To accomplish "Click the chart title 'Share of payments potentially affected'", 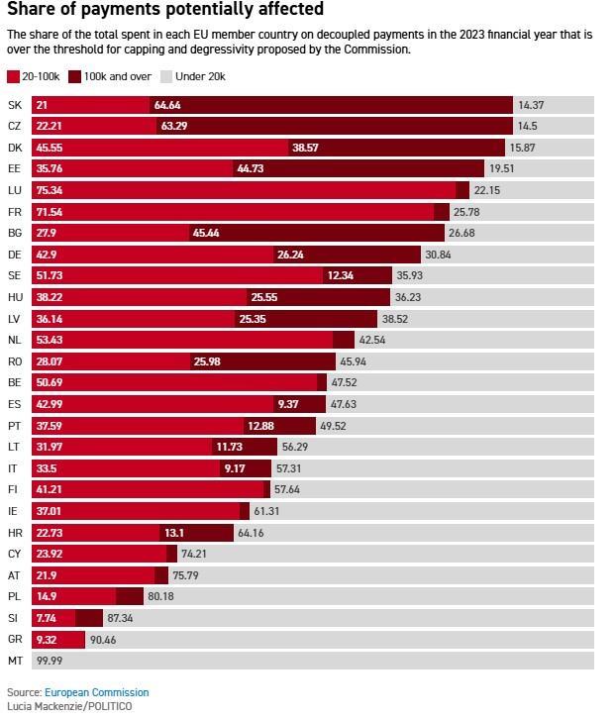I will point(165,10).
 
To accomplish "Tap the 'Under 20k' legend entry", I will point(193,76).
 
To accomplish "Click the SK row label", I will point(14,105).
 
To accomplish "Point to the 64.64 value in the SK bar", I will point(167,105).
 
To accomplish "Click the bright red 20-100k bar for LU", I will point(244,190).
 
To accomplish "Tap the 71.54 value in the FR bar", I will point(50,212).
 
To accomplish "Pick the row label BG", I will point(15,233).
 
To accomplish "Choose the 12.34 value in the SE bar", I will point(340,275).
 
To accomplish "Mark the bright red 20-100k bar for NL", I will point(182,340).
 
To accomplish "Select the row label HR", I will point(15,532).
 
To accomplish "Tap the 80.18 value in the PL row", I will point(160,596).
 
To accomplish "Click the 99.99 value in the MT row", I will point(49,661).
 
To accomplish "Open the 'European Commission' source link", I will point(96,692).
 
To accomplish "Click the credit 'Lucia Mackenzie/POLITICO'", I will point(69,706).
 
